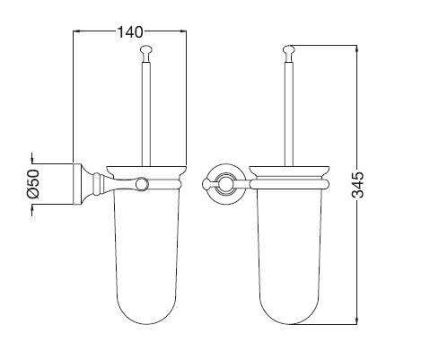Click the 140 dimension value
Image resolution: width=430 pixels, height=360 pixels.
(130, 32)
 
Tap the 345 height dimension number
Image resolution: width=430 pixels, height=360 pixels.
(357, 184)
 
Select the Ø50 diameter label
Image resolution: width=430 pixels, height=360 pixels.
(33, 184)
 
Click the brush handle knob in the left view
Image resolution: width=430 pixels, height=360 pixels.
(145, 53)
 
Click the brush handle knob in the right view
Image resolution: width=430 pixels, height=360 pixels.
(289, 53)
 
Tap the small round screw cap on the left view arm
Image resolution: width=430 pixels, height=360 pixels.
(142, 184)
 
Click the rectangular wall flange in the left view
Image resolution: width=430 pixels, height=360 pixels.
(77, 184)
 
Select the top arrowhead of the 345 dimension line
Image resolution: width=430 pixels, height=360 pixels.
(356, 48)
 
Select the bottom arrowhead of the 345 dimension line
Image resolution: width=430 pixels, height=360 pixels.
(356, 320)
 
